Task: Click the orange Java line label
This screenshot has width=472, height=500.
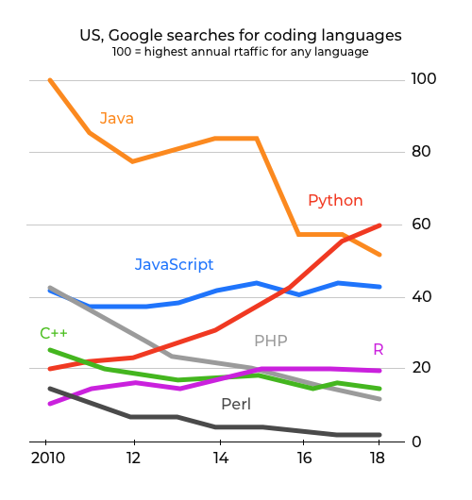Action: (x=117, y=119)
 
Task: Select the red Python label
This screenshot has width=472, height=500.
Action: (x=335, y=200)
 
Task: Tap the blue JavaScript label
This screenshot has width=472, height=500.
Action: (x=174, y=264)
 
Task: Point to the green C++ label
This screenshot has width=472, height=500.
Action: (x=53, y=333)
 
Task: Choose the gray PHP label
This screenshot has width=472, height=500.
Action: (x=270, y=341)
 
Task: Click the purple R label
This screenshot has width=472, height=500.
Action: (x=378, y=350)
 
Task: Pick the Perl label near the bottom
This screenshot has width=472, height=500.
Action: (x=235, y=405)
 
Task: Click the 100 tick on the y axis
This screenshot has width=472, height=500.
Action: (x=424, y=79)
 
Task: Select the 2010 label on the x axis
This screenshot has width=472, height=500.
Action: (x=49, y=459)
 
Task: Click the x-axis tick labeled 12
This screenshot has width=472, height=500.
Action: (x=134, y=459)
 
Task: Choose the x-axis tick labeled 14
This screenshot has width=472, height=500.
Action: (x=220, y=459)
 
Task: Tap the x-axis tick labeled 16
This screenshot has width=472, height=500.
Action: (x=304, y=459)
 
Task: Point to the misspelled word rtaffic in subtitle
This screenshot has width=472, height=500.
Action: (x=249, y=52)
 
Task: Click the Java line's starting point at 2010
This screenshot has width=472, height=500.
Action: (x=49, y=80)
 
